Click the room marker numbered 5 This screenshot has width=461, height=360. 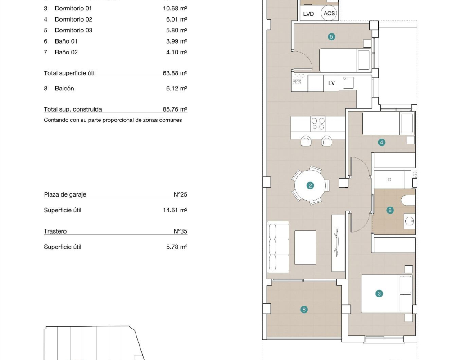331,37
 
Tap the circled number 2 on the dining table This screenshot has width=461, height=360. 310,185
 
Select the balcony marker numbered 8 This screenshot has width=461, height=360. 304,310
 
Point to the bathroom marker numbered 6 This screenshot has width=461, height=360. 390,210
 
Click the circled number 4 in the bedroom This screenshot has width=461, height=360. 381,143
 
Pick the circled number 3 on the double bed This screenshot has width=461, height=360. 379,293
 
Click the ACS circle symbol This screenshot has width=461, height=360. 329,13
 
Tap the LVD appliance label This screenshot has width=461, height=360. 308,14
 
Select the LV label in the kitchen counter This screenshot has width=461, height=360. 331,83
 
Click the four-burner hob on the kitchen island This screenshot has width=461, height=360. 318,124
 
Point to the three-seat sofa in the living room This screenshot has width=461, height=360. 278,247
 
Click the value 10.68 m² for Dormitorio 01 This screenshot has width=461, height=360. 175,8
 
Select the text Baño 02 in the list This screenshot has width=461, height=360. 67,52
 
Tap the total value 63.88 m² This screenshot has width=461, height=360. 175,73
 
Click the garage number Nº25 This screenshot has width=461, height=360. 180,194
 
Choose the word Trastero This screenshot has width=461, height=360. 55,231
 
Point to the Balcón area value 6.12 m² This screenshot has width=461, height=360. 176,89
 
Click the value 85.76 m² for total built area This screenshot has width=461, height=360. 175,109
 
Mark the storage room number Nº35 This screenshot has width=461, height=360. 180,231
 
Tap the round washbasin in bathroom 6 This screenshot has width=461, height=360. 409,221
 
